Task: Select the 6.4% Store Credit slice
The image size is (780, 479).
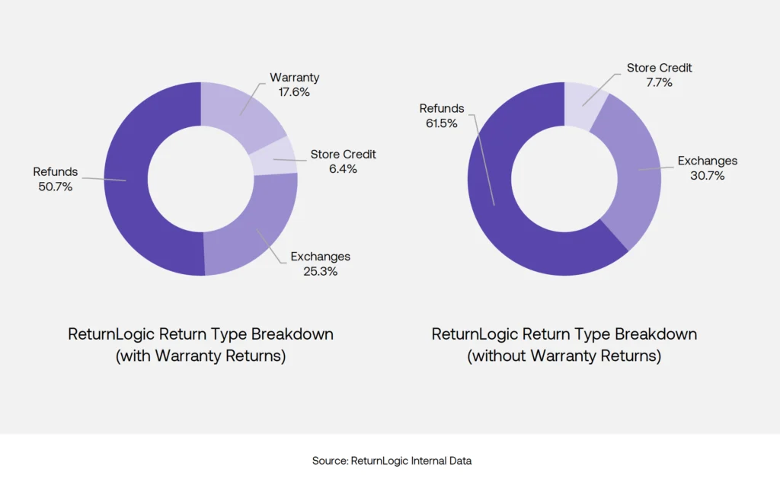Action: [x=270, y=158]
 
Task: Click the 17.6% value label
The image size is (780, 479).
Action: [x=295, y=92]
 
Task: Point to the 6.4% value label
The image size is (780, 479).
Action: [x=343, y=169]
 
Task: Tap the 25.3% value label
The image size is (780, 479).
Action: [x=320, y=271]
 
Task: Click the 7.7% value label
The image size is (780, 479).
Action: [x=659, y=83]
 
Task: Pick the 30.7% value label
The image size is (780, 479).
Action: [x=708, y=176]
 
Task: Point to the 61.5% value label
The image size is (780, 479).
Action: [x=441, y=123]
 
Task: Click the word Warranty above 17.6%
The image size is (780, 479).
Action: [x=295, y=78]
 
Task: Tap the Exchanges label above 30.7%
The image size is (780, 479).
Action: [x=708, y=161]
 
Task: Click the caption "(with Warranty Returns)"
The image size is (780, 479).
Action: [x=200, y=356]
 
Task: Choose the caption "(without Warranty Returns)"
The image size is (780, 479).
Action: [x=564, y=356]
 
